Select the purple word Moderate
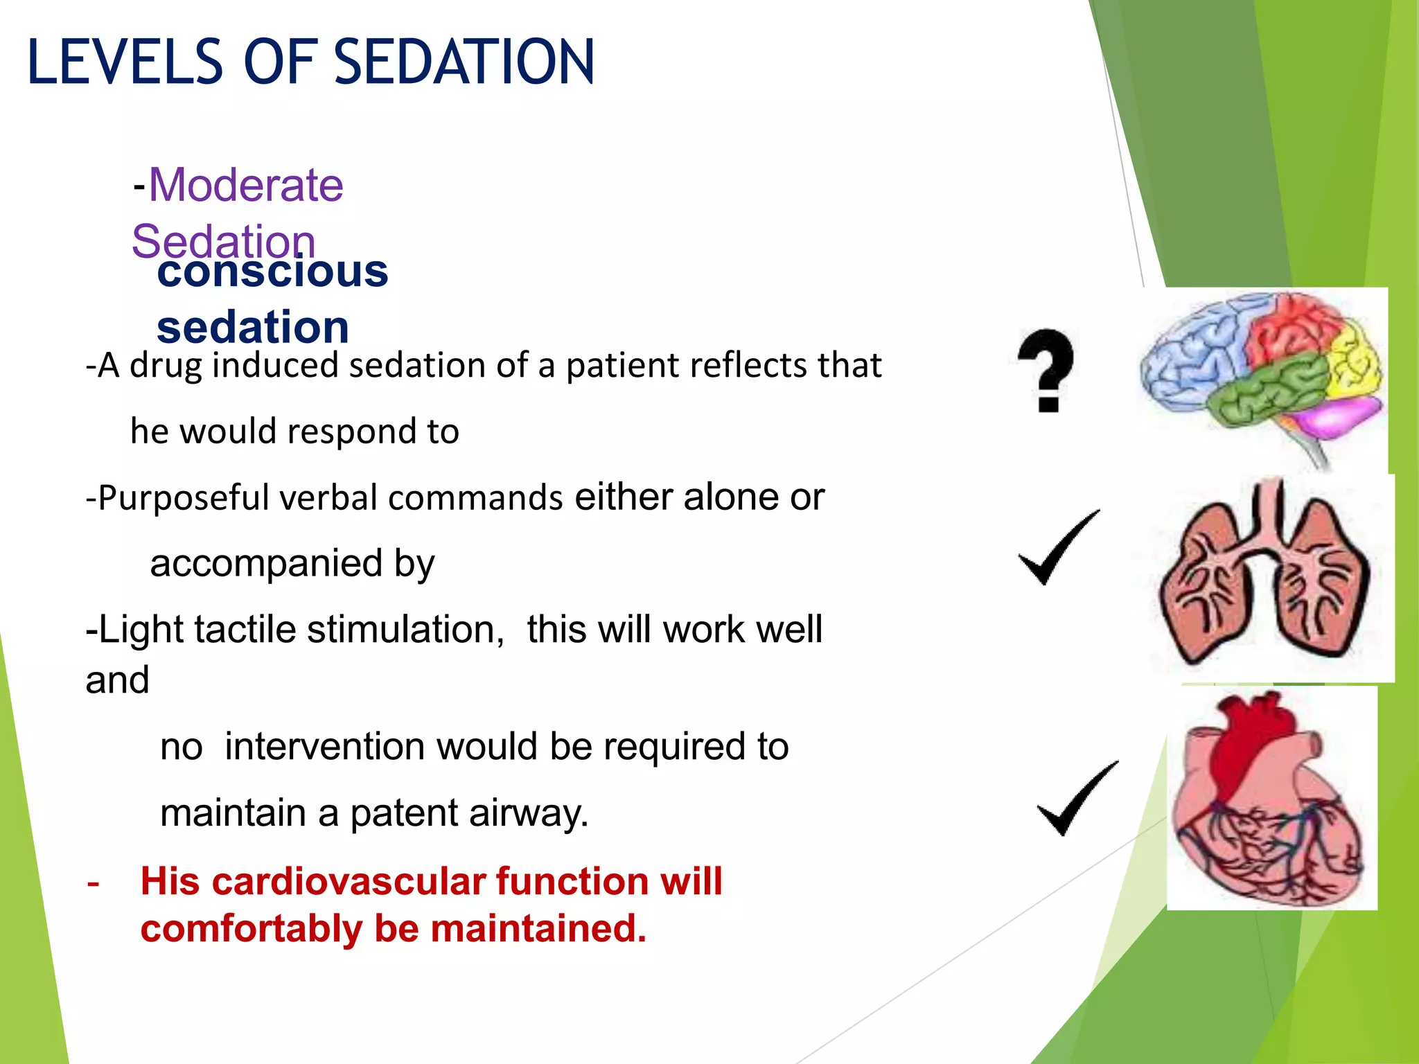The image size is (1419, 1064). click(x=246, y=186)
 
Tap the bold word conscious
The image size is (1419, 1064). click(x=272, y=272)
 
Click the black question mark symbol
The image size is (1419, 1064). click(x=1046, y=371)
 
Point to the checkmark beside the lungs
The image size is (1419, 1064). click(x=1058, y=549)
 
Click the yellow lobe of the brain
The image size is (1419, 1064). click(x=1355, y=360)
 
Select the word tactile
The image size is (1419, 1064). click(x=246, y=630)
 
